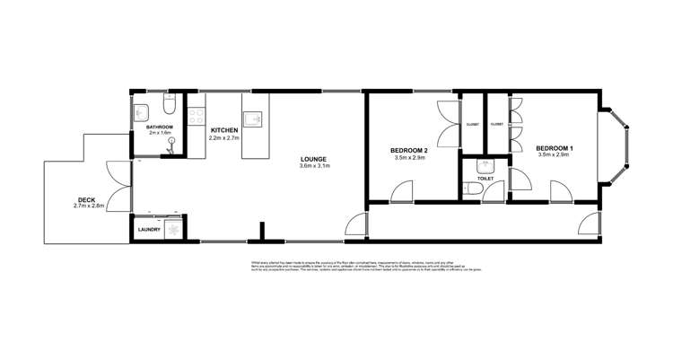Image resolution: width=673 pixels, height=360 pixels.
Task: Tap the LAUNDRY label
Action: [149, 230]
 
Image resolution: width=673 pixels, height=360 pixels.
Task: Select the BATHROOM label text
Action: [161, 127]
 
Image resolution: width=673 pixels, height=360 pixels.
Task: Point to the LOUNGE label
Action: [315, 159]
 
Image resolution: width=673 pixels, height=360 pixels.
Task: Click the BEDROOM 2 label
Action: [408, 150]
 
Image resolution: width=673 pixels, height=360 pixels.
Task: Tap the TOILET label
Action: [485, 178]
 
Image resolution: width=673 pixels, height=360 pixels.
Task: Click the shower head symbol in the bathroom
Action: [171, 142]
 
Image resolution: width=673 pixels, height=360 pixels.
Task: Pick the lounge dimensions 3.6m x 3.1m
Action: [315, 166]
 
